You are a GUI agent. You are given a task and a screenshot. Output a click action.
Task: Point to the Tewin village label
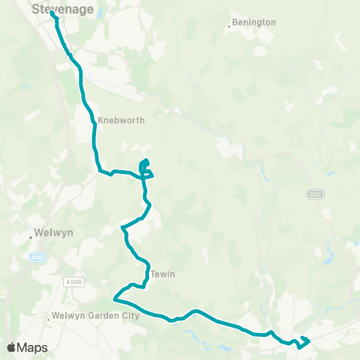162,274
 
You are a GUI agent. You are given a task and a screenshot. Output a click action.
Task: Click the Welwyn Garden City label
96,316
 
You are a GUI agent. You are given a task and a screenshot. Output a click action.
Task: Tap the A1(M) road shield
34,257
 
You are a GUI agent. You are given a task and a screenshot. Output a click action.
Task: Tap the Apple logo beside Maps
11,347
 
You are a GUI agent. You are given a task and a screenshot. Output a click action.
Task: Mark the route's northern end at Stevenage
52,13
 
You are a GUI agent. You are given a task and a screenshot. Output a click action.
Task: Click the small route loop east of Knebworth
145,166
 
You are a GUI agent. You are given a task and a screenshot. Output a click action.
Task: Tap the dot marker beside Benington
229,28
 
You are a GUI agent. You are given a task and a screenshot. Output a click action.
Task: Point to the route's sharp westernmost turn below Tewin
114,298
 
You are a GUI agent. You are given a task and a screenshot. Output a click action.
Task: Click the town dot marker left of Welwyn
31,236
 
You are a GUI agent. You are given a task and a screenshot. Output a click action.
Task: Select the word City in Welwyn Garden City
130,316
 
